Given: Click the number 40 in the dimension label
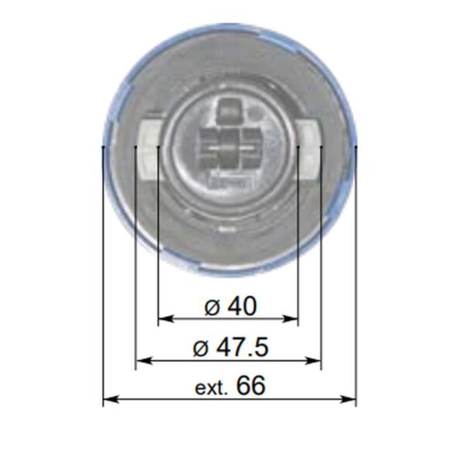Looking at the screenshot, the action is pos(242,306).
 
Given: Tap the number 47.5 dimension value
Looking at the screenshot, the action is pos(243,347).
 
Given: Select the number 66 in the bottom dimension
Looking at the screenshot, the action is pos(250,385).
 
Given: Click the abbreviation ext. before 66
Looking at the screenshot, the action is pos(211,387).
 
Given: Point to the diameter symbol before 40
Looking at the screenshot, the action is pos(212,308).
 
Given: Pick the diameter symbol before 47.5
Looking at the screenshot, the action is pos(201,349).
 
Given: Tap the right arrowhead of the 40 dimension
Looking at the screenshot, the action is pos(291,319).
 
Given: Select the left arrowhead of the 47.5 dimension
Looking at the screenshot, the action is pos(143,361).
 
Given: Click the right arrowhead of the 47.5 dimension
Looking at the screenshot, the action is pos(313,361).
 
